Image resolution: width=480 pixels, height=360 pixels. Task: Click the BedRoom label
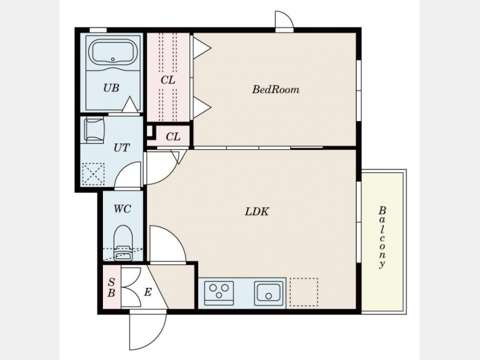point(276,90)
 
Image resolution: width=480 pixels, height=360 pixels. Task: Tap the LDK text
point(257,212)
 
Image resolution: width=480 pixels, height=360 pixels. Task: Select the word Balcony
point(382,237)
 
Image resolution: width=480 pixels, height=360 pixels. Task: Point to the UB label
point(111,88)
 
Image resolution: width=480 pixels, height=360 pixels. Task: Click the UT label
point(122,148)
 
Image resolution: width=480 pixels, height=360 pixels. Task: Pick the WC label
point(123,209)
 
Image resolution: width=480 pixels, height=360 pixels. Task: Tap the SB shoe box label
point(111,287)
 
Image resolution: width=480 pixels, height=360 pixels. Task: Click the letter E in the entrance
point(148,292)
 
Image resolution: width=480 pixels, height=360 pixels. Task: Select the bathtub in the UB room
point(113,53)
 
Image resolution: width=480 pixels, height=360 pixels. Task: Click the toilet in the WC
point(123,243)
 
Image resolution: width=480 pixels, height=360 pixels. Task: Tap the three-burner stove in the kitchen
point(219,293)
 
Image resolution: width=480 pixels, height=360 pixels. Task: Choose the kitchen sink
point(268,293)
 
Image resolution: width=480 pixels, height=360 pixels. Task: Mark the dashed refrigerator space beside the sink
point(304,292)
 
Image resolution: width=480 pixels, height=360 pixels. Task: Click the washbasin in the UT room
point(94,130)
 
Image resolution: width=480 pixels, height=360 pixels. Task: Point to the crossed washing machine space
point(94,174)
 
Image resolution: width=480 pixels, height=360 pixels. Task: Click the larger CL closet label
point(168,80)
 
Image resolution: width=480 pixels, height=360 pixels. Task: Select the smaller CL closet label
point(173,137)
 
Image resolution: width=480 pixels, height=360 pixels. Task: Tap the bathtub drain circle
point(113,59)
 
